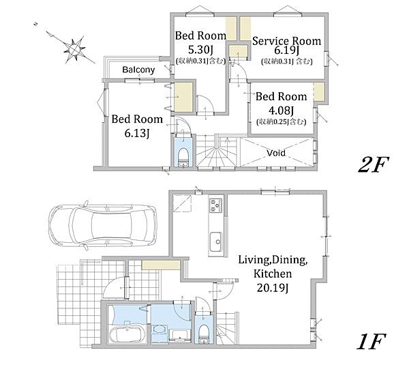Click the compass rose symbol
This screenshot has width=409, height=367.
pos(74,48)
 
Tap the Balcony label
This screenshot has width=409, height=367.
pos(138,70)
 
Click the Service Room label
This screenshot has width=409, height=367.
pos(286,41)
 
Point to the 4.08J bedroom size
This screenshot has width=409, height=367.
pos(281,111)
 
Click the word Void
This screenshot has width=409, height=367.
pos(276,153)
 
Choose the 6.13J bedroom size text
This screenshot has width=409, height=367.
pos(137,134)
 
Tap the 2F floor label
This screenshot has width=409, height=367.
pos(374,164)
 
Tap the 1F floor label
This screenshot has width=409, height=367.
pos(372,342)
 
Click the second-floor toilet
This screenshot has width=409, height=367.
pos(183,157)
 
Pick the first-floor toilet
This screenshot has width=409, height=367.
pos(203,334)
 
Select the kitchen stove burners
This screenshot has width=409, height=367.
pos(216,205)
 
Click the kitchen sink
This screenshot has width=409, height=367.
pos(216,241)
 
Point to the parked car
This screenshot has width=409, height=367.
pos(102,226)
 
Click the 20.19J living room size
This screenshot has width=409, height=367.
pos(273,288)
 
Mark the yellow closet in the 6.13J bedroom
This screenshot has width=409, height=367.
pos(183,97)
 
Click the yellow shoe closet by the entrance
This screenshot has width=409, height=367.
pos(161,265)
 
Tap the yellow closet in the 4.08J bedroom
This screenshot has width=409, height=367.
pos(319,91)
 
